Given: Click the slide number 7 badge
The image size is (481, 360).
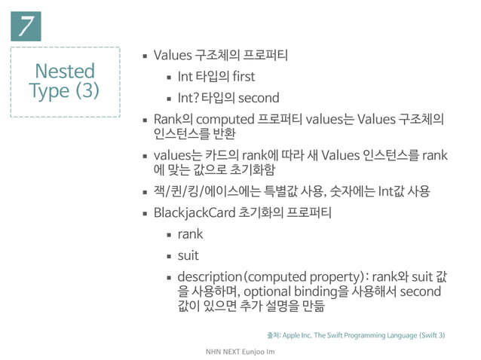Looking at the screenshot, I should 25,27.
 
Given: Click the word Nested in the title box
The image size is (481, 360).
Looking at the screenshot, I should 65,72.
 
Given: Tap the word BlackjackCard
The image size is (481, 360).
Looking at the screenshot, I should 195,213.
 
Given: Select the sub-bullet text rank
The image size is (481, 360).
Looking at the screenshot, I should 190,234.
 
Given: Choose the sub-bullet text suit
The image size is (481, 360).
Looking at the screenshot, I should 188,255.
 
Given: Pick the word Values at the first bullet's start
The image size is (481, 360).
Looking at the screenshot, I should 172,56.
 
